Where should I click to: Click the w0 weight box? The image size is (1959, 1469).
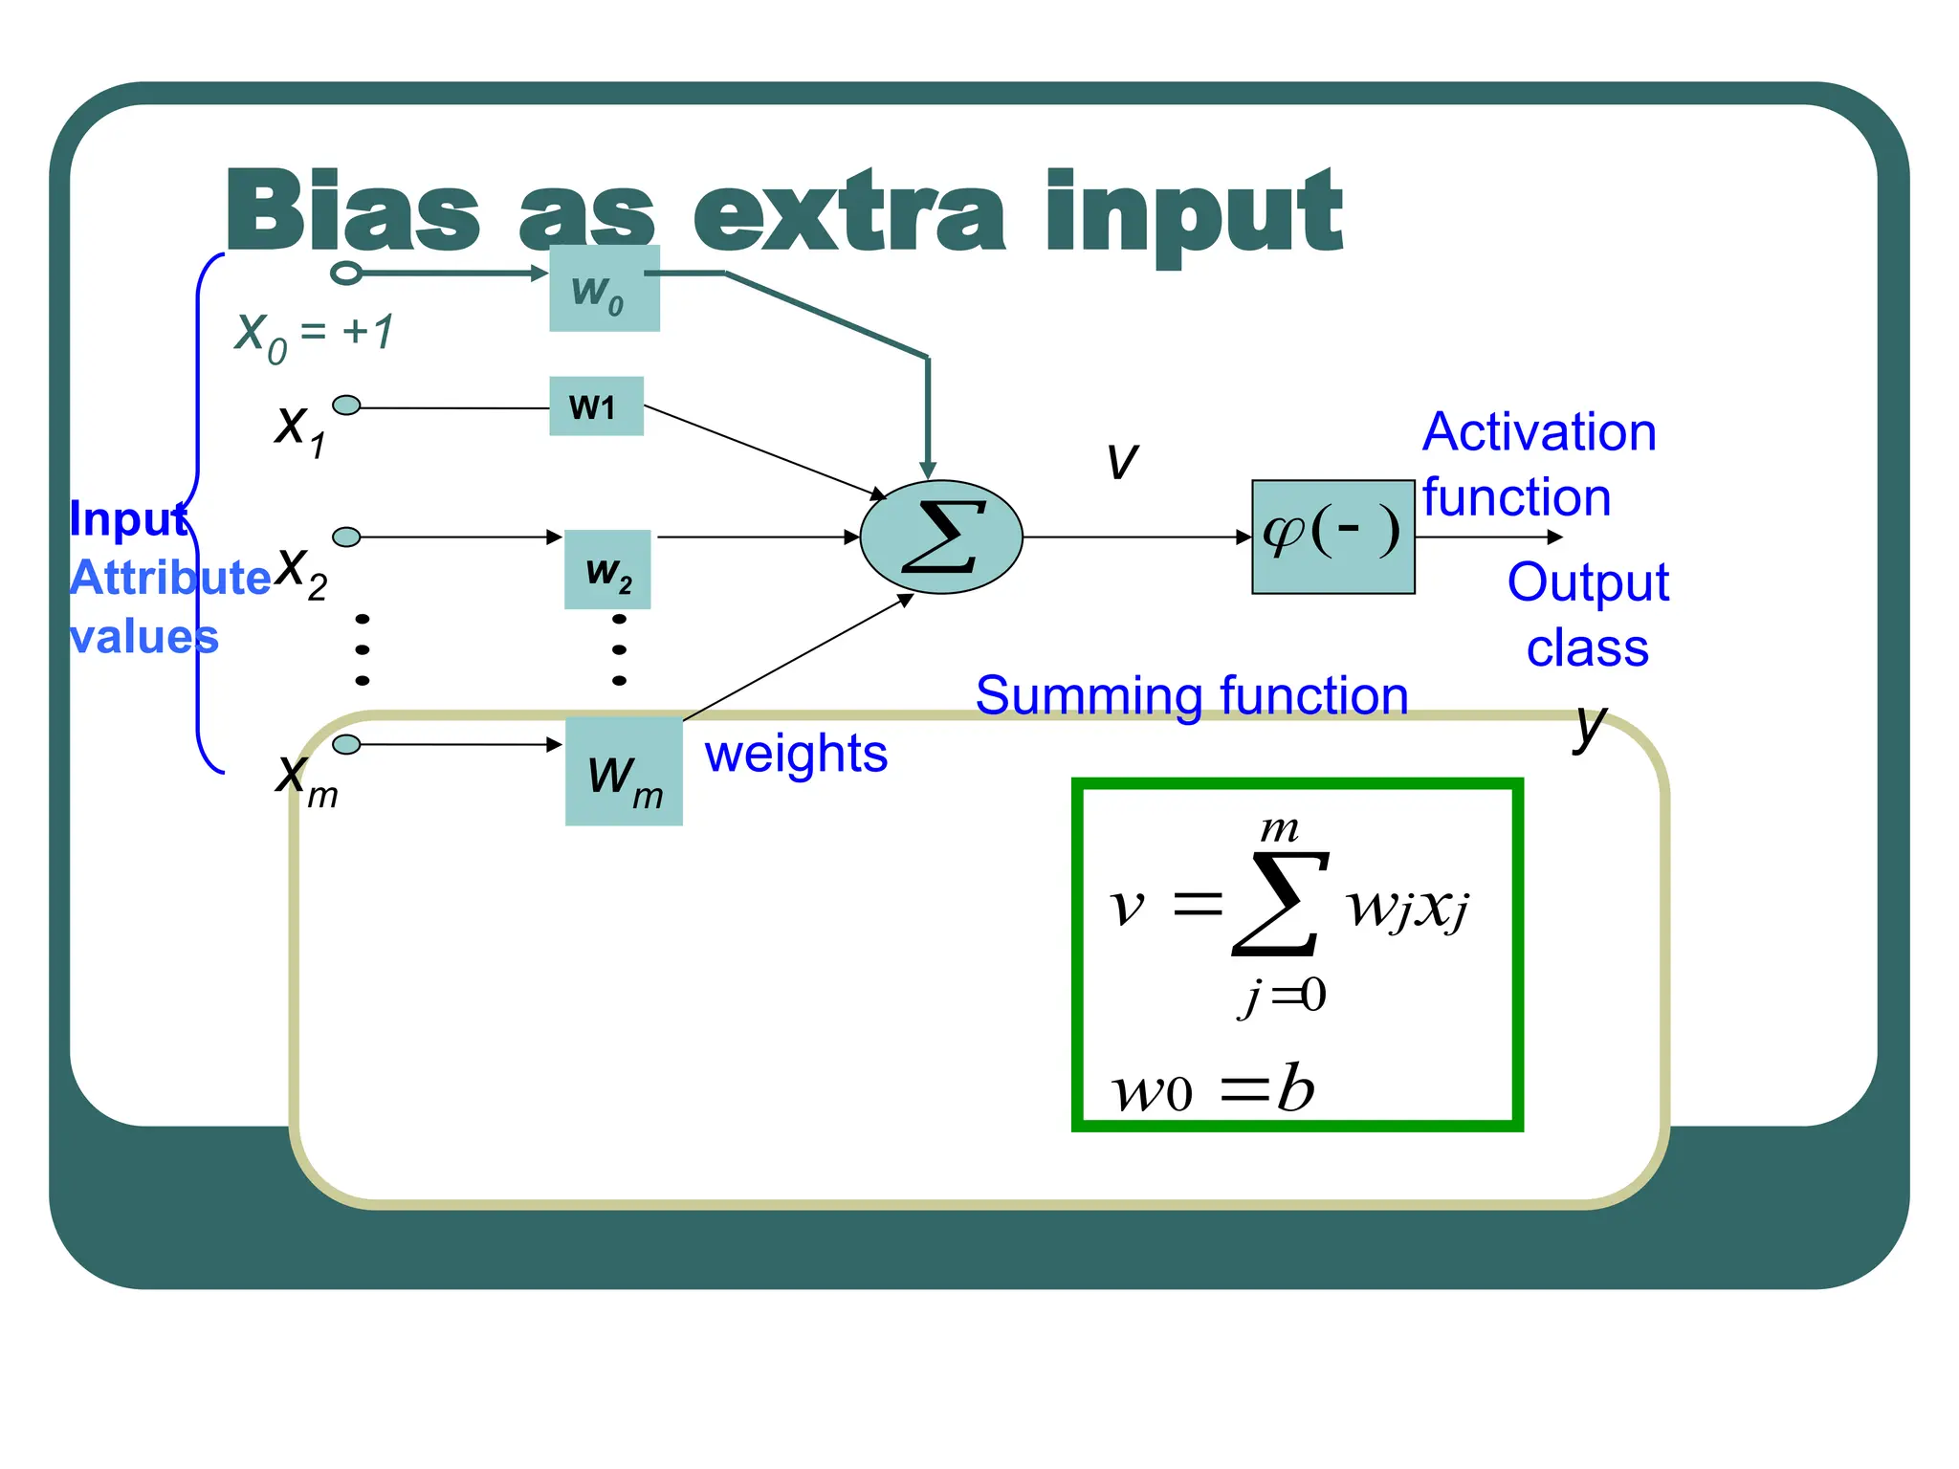click(x=604, y=289)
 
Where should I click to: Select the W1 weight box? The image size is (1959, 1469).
click(x=596, y=406)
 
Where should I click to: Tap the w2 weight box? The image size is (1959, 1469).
click(x=607, y=570)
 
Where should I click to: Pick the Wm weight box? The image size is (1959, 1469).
click(x=624, y=772)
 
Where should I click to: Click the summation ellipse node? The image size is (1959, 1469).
click(x=941, y=537)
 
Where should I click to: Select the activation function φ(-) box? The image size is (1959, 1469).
click(x=1332, y=537)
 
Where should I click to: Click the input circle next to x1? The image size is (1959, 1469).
click(x=346, y=406)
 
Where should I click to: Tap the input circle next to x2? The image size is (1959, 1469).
click(x=346, y=537)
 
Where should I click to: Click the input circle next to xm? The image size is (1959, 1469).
click(x=346, y=744)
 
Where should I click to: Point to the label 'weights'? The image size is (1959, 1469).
click(x=796, y=754)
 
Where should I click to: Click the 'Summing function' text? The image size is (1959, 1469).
click(x=1191, y=695)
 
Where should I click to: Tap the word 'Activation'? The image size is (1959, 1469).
click(x=1538, y=432)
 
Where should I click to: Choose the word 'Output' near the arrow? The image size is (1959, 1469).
click(x=1587, y=582)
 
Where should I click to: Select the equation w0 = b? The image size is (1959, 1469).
click(x=1213, y=1088)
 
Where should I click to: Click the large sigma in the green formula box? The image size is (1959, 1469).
click(x=1280, y=904)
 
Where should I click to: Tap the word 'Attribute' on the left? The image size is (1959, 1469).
click(x=170, y=578)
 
